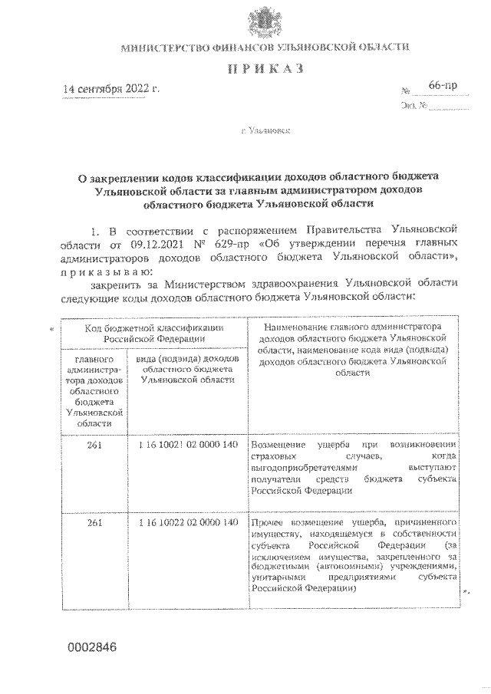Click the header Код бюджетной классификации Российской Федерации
(x=154, y=332)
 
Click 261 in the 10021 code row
(x=95, y=445)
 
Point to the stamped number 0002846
(x=91, y=646)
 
